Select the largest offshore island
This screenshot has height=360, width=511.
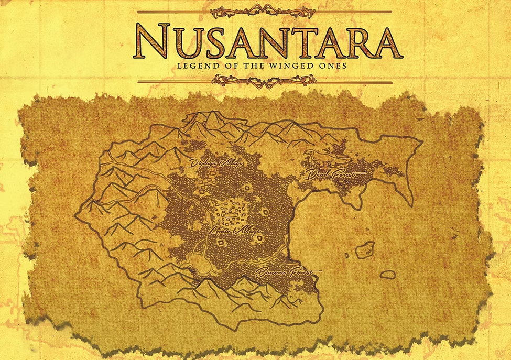365,249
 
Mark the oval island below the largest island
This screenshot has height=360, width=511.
387,274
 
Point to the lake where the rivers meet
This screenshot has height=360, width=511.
199,261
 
